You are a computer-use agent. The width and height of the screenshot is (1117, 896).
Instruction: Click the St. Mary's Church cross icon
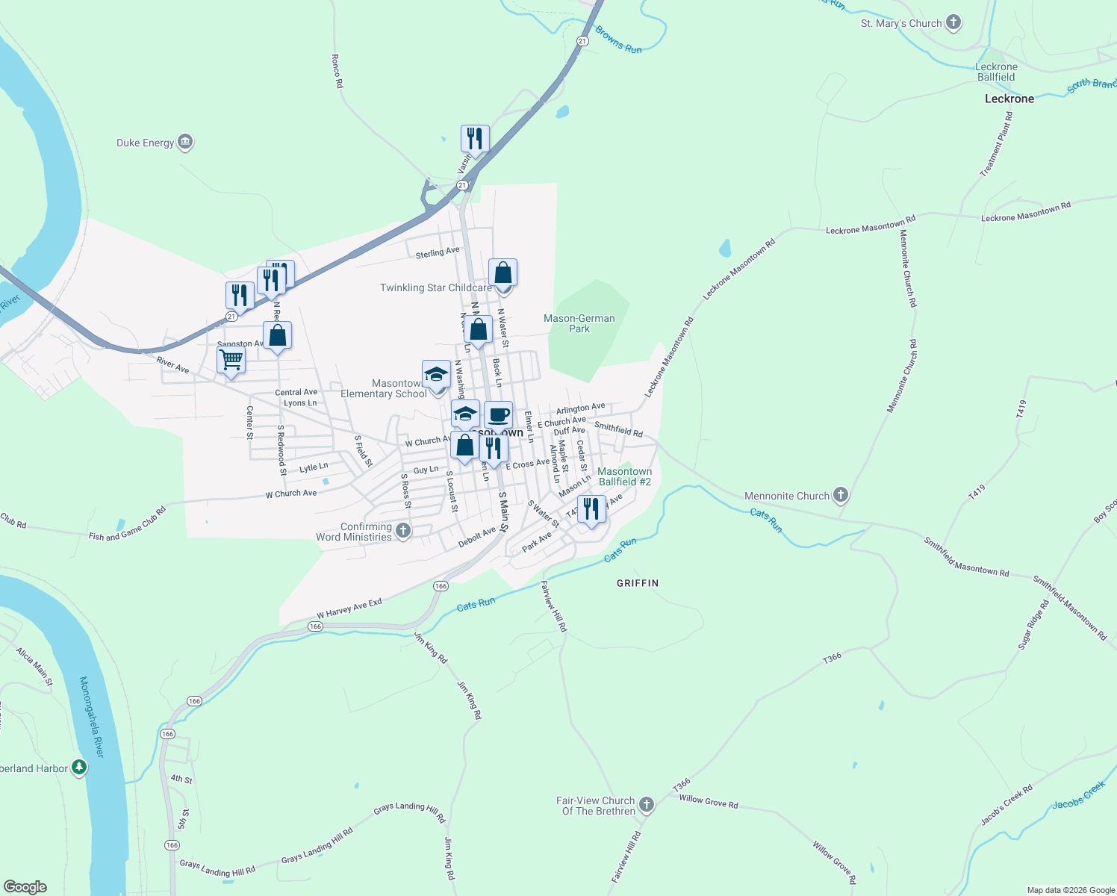pyautogui.click(x=953, y=23)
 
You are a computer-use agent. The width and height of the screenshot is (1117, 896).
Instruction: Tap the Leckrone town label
pyautogui.click(x=1009, y=99)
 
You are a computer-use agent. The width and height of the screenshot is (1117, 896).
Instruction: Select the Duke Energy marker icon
pyautogui.click(x=185, y=143)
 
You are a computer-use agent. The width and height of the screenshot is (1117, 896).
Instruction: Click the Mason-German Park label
pyautogui.click(x=579, y=323)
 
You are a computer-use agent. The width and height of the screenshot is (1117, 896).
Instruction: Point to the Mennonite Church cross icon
pyautogui.click(x=841, y=495)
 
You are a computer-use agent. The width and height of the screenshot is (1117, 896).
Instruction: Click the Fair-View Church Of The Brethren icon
pyautogui.click(x=647, y=805)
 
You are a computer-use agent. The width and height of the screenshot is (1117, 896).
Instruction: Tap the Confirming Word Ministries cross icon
pyautogui.click(x=403, y=531)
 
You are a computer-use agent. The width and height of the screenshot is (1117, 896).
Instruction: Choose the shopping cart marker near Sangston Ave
pyautogui.click(x=231, y=361)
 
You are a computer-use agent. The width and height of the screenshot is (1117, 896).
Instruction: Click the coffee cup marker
pyautogui.click(x=498, y=415)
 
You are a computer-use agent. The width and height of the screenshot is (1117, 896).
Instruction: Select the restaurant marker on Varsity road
pyautogui.click(x=475, y=139)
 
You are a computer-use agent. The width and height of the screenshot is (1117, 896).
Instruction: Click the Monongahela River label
pyautogui.click(x=92, y=717)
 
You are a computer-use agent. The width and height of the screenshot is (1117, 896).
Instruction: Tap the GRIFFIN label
pyautogui.click(x=638, y=583)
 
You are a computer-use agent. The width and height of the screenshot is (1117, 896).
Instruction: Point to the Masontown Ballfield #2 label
pyautogui.click(x=625, y=476)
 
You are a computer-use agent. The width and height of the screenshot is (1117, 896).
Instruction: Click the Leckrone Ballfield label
pyautogui.click(x=996, y=72)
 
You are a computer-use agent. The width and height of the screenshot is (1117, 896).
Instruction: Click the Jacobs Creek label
pyautogui.click(x=1078, y=795)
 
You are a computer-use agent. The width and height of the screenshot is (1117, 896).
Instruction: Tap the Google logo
pyautogui.click(x=25, y=887)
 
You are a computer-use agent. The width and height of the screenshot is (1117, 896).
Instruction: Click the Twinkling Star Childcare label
pyautogui.click(x=435, y=287)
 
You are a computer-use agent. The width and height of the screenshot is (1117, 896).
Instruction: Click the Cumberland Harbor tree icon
pyautogui.click(x=79, y=768)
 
